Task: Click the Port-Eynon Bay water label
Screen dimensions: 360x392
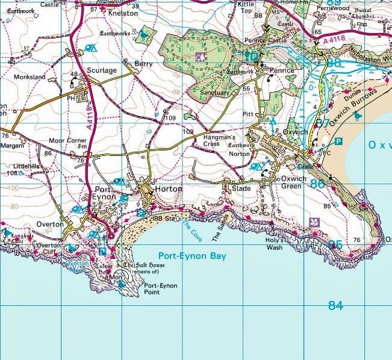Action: point(191,256)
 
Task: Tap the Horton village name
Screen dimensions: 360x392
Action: point(168,189)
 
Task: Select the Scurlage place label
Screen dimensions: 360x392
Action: point(101,70)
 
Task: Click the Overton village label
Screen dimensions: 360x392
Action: point(50,224)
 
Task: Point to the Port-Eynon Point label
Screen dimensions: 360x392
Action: point(161,289)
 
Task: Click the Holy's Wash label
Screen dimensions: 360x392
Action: point(275,244)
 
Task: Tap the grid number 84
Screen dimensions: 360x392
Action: point(335,305)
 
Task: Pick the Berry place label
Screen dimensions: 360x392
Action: point(144,63)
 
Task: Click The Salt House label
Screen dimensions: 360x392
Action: point(143,265)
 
